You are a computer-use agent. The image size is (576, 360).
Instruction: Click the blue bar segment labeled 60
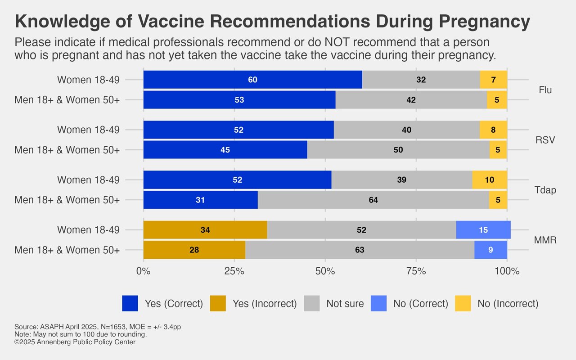click(253, 80)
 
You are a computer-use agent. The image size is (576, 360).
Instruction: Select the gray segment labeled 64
click(373, 200)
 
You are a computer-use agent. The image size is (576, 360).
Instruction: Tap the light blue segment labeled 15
click(483, 230)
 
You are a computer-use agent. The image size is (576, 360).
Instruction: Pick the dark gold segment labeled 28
click(194, 250)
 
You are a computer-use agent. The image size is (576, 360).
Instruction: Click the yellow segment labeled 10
click(490, 180)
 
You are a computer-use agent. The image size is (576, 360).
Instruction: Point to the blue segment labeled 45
click(225, 150)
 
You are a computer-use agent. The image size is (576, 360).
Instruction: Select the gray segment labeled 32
click(421, 80)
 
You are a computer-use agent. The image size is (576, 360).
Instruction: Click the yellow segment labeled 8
click(493, 130)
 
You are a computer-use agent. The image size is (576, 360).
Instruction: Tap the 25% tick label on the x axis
click(234, 271)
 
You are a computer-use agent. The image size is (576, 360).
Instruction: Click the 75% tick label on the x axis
click(416, 271)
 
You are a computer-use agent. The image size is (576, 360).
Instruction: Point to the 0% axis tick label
click(144, 271)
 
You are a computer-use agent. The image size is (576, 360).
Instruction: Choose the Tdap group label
click(545, 190)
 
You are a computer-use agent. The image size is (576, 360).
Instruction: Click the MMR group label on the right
click(545, 240)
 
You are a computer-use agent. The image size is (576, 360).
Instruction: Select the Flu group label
click(545, 90)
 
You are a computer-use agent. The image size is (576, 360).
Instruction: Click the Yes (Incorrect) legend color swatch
click(218, 303)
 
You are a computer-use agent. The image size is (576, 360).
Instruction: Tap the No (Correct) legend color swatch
click(378, 303)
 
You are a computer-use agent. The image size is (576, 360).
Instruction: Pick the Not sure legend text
click(345, 304)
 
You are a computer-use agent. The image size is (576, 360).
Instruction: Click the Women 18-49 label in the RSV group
click(89, 130)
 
